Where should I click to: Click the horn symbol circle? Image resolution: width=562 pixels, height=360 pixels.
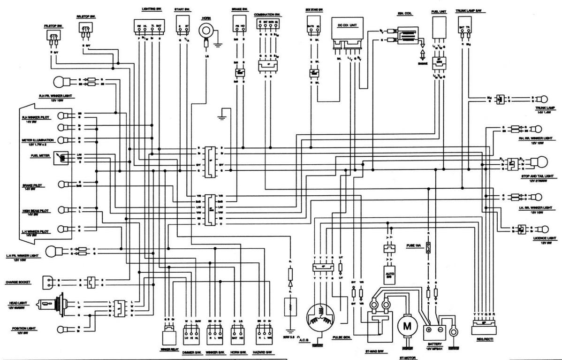pos(205,31)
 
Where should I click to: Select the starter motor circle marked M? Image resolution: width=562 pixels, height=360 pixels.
pos(407,326)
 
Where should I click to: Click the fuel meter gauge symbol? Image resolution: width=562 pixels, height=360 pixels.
pos(61,158)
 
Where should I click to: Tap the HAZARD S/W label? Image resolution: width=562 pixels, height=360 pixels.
pos(264,352)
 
